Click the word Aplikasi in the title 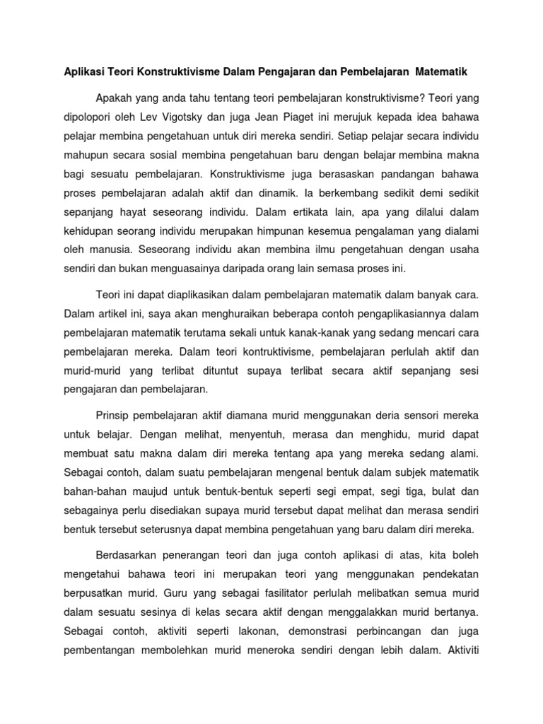78,72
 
